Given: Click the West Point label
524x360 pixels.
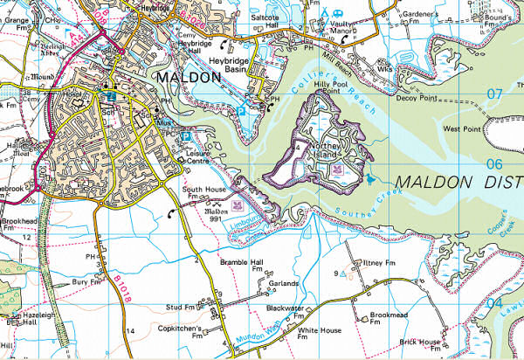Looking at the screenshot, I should click(x=463, y=129).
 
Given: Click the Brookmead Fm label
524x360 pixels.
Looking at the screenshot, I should click(x=389, y=317).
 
